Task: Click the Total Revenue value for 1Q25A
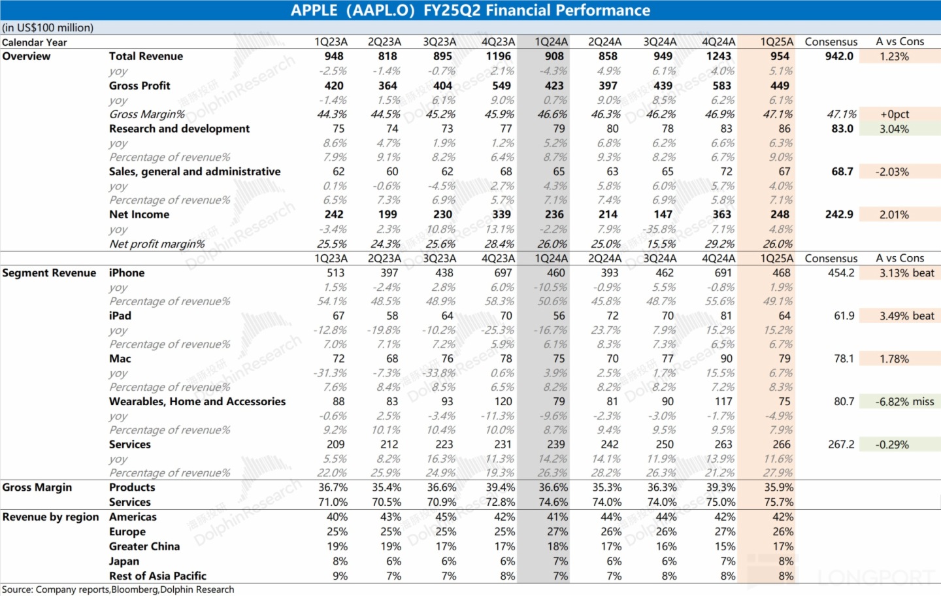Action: click(780, 56)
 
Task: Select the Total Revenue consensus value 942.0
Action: click(839, 56)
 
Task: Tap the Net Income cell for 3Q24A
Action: click(663, 214)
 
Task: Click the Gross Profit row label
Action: click(139, 86)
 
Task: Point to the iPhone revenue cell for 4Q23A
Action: click(503, 273)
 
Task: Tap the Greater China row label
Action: click(144, 546)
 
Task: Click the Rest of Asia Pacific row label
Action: click(157, 576)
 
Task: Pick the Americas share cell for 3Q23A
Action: click(446, 517)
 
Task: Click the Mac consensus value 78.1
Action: click(844, 359)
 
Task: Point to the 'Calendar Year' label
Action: click(35, 42)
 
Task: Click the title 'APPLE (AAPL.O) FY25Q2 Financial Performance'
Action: click(470, 10)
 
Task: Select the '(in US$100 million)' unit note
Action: click(48, 27)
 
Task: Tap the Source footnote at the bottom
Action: click(118, 589)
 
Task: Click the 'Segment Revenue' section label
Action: click(49, 273)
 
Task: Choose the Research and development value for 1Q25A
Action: click(784, 129)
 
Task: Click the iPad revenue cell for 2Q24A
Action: click(612, 316)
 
